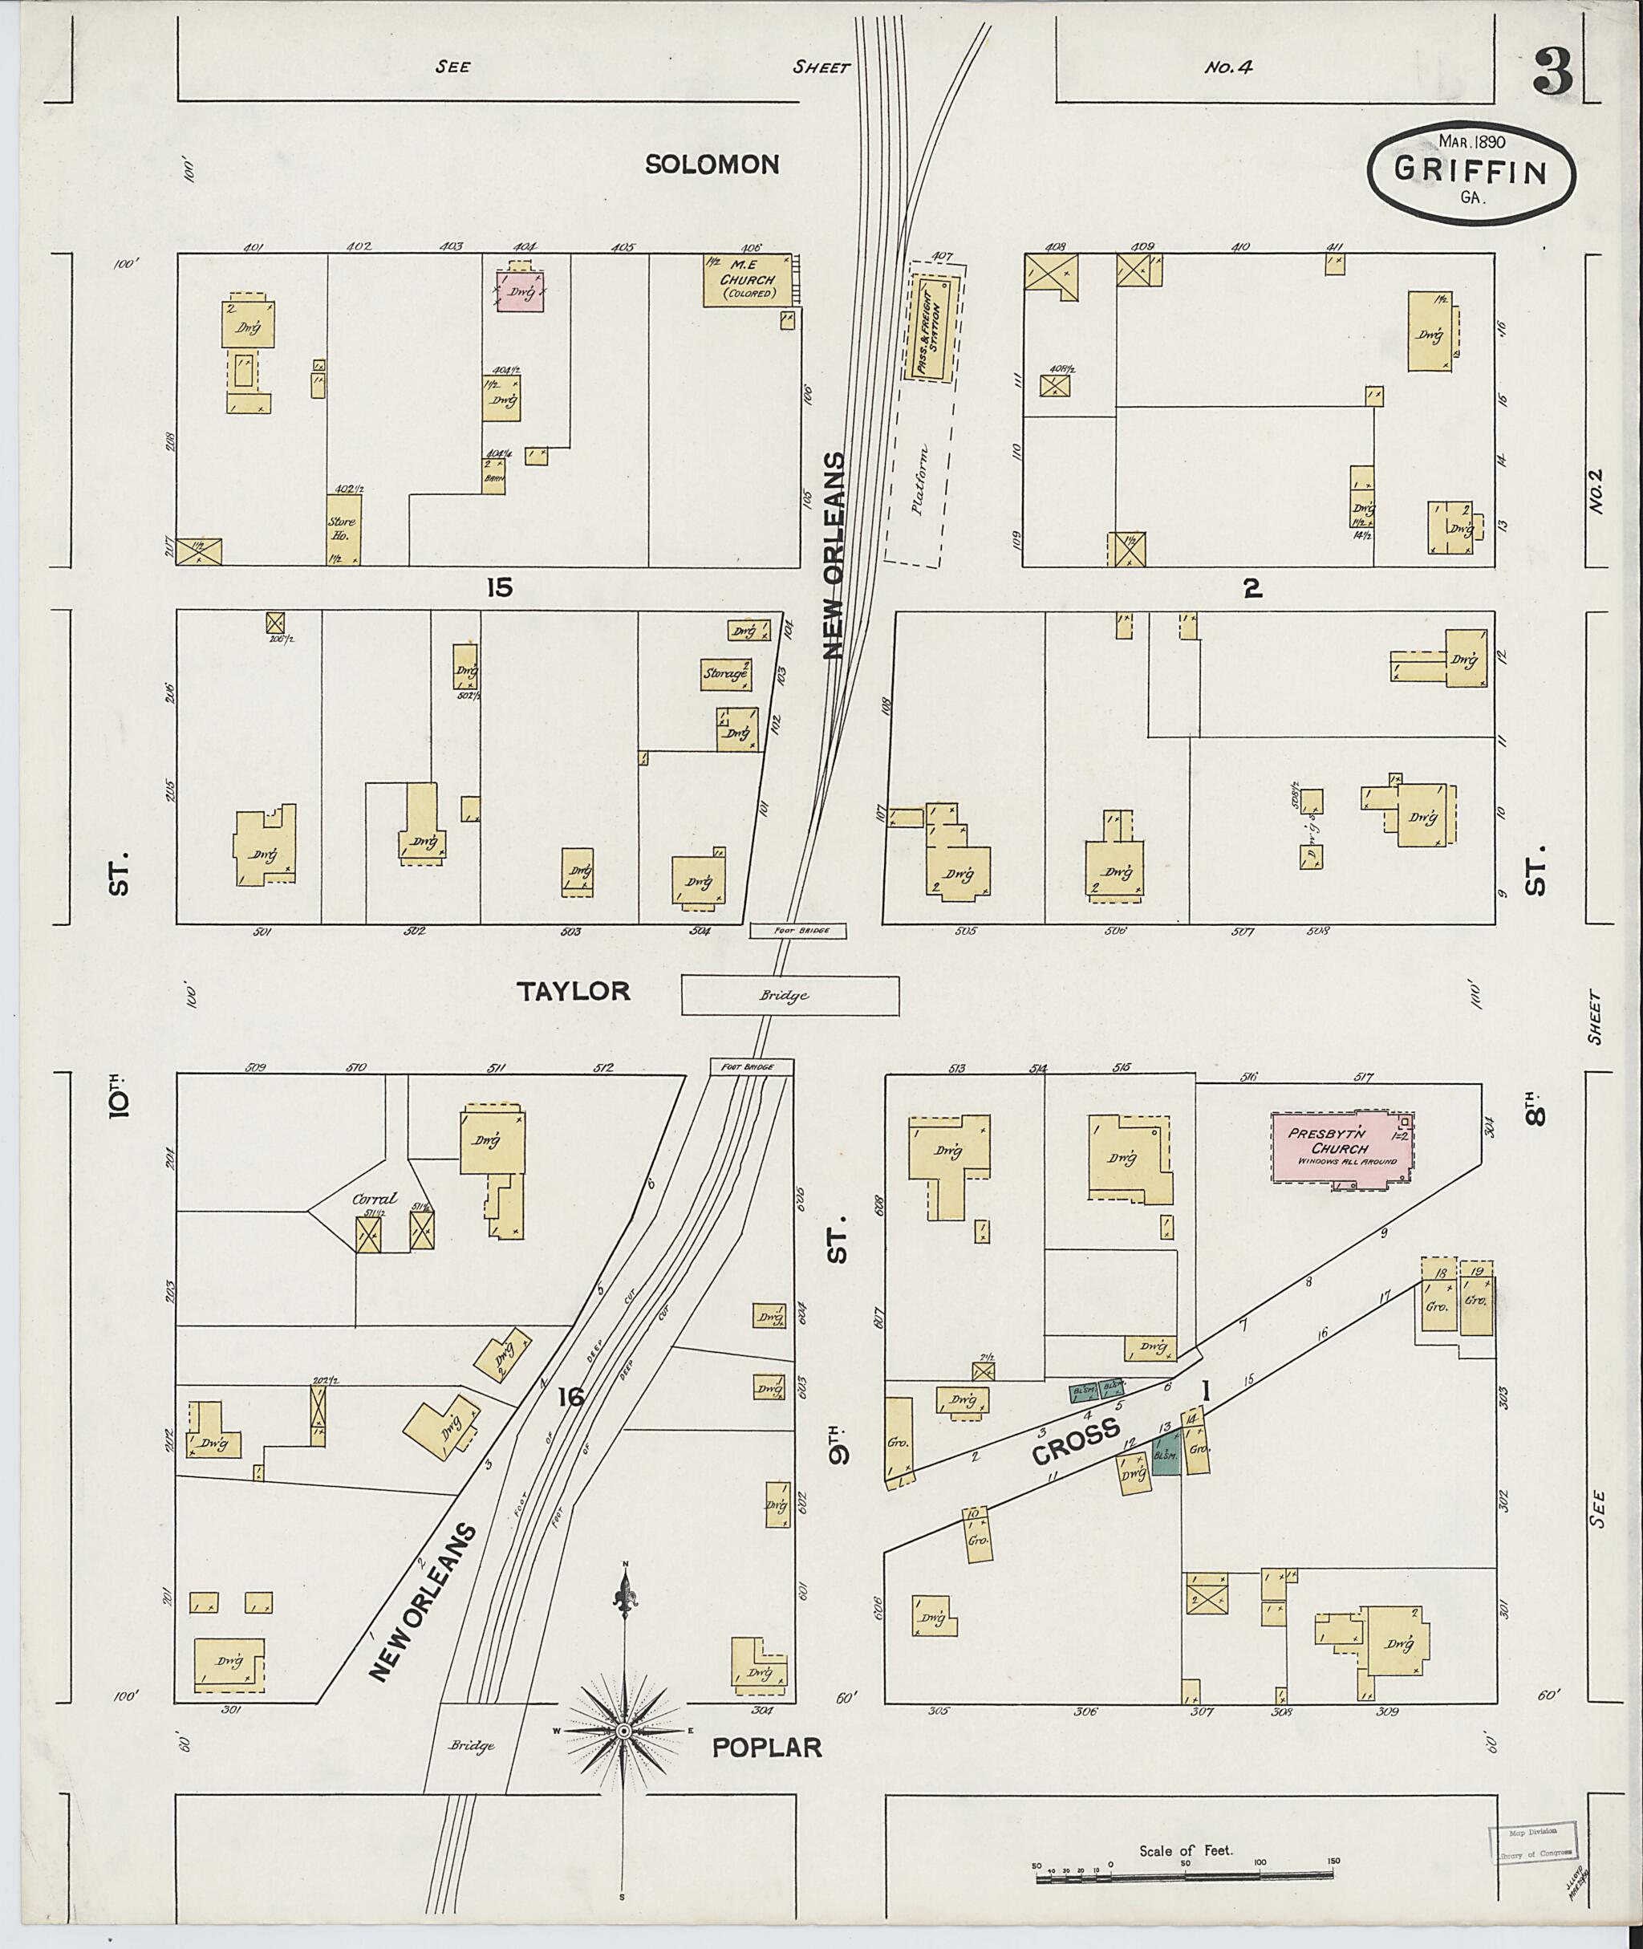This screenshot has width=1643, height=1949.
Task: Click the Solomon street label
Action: [x=712, y=165]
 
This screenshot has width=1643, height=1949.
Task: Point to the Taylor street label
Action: [x=574, y=991]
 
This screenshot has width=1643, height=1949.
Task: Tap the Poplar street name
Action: [x=767, y=1747]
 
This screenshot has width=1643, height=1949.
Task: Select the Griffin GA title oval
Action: [x=1471, y=173]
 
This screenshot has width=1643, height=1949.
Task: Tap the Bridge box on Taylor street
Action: [x=790, y=995]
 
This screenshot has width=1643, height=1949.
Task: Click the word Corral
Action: [x=374, y=1200]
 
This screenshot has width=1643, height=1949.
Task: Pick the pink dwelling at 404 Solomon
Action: [x=520, y=291]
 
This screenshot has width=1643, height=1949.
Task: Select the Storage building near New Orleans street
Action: [x=727, y=673]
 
